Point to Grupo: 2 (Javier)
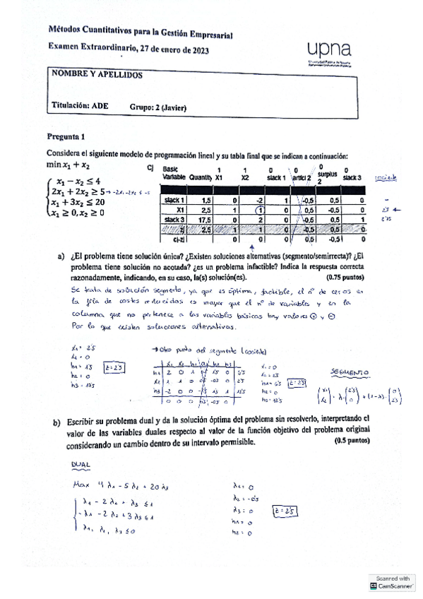[x=157, y=107]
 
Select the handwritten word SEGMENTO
[x=350, y=372]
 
